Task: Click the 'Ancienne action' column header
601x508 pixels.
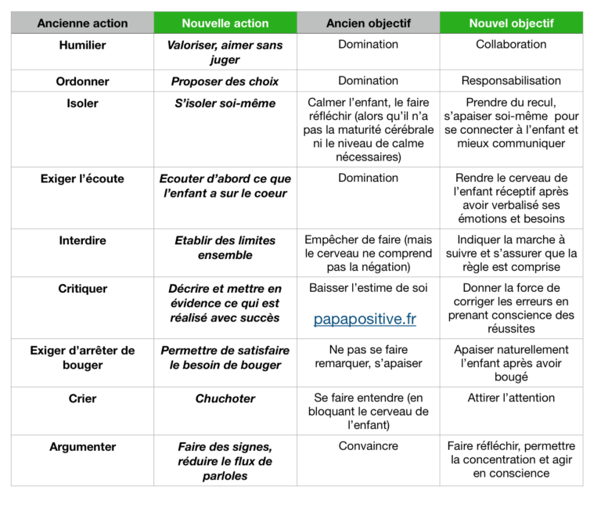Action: pyautogui.click(x=82, y=23)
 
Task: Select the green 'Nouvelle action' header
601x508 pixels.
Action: pyautogui.click(x=225, y=23)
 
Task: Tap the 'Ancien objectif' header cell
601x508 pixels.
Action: pyautogui.click(x=368, y=23)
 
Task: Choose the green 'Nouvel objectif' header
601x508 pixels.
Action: pyautogui.click(x=511, y=23)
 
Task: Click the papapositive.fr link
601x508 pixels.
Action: pyautogui.click(x=365, y=319)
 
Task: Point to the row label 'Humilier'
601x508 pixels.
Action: pyautogui.click(x=82, y=45)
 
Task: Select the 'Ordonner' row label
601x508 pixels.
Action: pyautogui.click(x=82, y=81)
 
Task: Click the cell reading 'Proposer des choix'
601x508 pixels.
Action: pyautogui.click(x=225, y=81)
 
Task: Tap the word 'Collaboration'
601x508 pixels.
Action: pyautogui.click(x=511, y=45)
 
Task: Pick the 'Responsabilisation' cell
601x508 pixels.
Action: pyautogui.click(x=511, y=81)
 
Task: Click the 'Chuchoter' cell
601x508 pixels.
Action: pyautogui.click(x=225, y=398)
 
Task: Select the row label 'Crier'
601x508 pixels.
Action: pyautogui.click(x=82, y=398)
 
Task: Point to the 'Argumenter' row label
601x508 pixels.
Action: pyautogui.click(x=82, y=447)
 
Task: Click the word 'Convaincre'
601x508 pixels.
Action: pyautogui.click(x=368, y=446)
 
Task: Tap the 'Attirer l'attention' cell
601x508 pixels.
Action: pyautogui.click(x=511, y=398)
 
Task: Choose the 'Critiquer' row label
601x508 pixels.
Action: pyautogui.click(x=82, y=289)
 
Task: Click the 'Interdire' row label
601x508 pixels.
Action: pyautogui.click(x=82, y=240)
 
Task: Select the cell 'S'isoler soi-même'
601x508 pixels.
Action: pyautogui.click(x=225, y=103)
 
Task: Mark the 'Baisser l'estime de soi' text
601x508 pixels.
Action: pyautogui.click(x=368, y=288)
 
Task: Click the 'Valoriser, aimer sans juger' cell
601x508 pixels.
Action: pyautogui.click(x=225, y=52)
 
